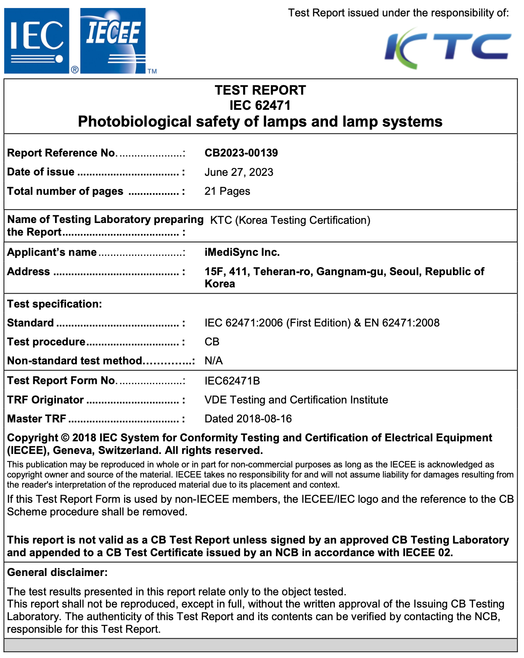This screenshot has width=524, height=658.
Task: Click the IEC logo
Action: (x=37, y=41)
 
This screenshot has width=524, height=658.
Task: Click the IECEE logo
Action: (x=113, y=41)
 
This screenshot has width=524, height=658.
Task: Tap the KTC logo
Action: (x=448, y=47)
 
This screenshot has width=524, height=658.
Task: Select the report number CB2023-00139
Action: (x=241, y=153)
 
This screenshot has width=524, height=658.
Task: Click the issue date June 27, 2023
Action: (x=239, y=172)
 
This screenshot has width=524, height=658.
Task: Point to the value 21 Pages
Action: (x=227, y=191)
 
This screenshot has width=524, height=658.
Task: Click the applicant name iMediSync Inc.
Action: (x=242, y=252)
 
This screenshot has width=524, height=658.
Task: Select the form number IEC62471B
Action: (x=232, y=381)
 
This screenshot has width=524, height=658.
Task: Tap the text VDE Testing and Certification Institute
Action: (x=296, y=400)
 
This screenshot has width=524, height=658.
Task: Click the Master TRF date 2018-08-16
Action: (x=264, y=419)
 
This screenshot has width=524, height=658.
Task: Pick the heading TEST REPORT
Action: (x=260, y=90)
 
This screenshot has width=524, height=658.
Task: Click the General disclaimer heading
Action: (x=57, y=572)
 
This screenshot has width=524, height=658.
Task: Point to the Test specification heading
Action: (x=55, y=304)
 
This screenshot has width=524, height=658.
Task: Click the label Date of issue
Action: (x=41, y=172)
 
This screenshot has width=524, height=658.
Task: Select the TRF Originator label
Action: (x=45, y=400)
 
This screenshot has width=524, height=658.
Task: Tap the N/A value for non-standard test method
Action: (x=214, y=361)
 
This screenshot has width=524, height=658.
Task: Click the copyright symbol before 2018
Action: (x=65, y=438)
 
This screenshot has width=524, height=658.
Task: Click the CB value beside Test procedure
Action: (x=212, y=342)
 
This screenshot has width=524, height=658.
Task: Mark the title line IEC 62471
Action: (x=260, y=105)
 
